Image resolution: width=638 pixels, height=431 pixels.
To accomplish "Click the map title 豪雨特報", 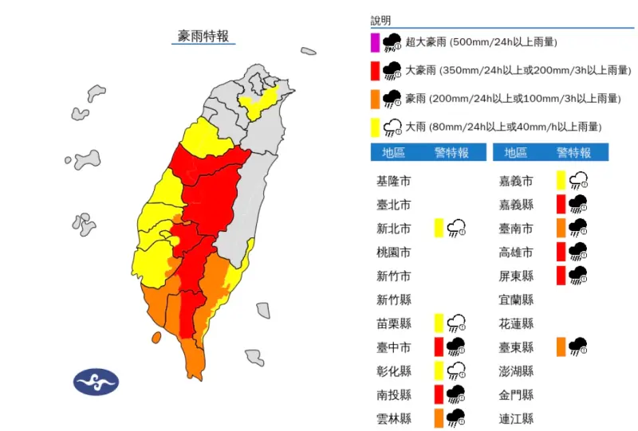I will (204, 36).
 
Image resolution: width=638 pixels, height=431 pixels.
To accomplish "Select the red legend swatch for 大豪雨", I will (374, 70).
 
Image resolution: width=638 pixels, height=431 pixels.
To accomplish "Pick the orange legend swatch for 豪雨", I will (374, 98).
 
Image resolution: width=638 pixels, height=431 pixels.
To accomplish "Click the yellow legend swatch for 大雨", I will (374, 126).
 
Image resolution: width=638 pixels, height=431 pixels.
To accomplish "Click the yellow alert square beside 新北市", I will (439, 228).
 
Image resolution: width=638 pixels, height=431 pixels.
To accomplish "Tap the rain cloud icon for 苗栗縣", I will (457, 323).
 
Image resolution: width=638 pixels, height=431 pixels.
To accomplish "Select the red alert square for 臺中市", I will (439, 347).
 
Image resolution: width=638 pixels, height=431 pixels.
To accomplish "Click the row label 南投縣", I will (394, 394).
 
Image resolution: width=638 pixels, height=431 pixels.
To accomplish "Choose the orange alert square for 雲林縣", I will (439, 417).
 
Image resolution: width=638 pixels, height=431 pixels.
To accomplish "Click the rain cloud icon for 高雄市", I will (579, 252).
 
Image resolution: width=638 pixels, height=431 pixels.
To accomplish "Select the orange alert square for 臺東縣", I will (561, 347).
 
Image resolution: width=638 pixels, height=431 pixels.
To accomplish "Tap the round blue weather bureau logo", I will (96, 382).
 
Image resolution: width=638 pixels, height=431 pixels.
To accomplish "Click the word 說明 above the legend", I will (381, 21).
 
